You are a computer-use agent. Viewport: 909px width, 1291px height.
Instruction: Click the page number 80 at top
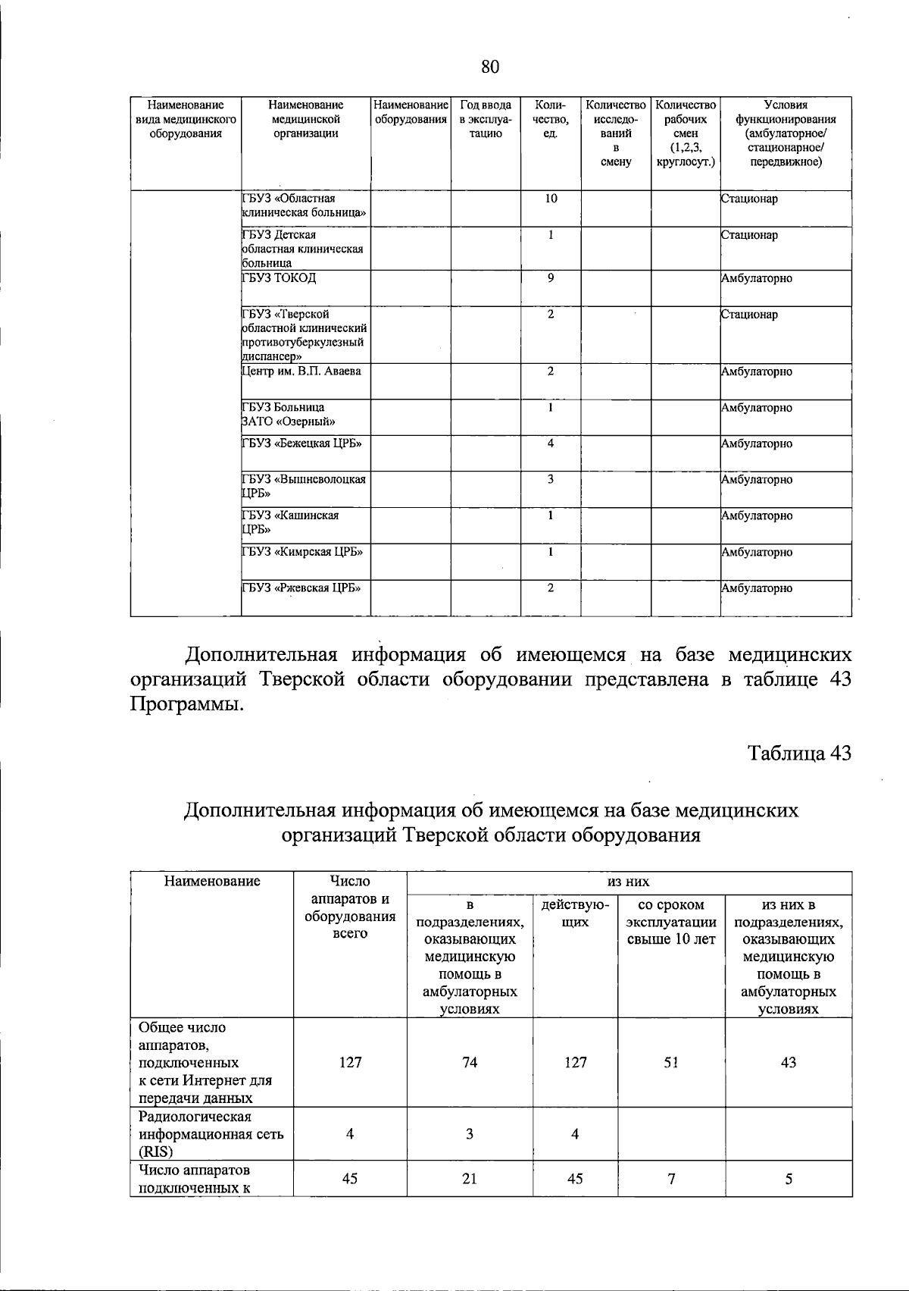[x=490, y=67]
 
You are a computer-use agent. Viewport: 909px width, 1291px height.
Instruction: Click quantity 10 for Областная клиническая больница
[x=551, y=199]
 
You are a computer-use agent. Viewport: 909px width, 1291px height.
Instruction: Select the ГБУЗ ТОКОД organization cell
[x=279, y=278]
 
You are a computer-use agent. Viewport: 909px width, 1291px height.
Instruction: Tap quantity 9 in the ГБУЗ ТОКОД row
[x=551, y=278]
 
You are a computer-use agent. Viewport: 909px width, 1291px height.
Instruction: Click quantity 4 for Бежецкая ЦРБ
[x=551, y=443]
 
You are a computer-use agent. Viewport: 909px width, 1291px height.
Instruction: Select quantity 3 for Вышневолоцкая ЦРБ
[x=551, y=479]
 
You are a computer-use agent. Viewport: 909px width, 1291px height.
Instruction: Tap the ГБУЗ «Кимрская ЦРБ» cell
[x=301, y=552]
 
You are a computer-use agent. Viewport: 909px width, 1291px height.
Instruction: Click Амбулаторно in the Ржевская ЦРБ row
[x=757, y=588]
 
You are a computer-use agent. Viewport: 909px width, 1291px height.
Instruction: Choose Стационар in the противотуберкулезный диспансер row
[x=749, y=315]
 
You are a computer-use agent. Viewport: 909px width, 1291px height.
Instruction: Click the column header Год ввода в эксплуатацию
[x=486, y=119]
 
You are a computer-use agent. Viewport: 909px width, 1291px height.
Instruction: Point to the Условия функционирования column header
[x=786, y=133]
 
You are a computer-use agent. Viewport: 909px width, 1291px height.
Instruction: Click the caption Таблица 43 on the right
[x=799, y=753]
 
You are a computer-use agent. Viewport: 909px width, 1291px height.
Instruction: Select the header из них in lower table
[x=628, y=882]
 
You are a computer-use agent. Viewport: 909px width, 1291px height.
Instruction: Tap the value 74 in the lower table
[x=470, y=1062]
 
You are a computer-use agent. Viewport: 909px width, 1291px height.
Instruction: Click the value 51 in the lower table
[x=671, y=1062]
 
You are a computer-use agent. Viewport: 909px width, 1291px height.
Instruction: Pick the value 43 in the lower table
[x=789, y=1062]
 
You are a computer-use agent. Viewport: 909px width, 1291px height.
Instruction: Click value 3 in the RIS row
[x=470, y=1134]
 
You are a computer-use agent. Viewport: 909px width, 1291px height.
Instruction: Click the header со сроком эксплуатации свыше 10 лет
[x=671, y=923]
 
